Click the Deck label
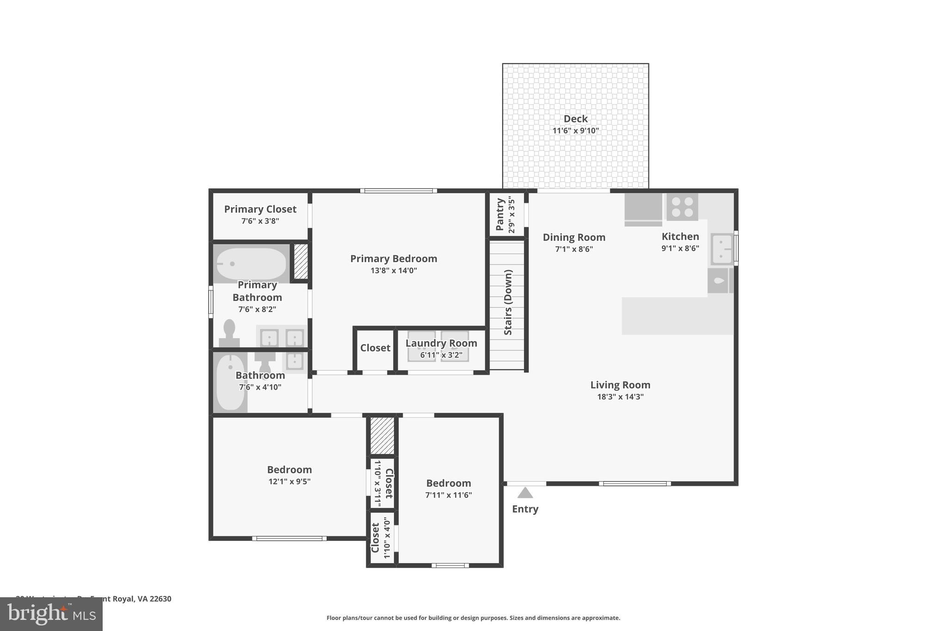575,119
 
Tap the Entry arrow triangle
525,493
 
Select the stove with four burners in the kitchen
682,207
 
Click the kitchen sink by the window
721,249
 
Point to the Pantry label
499,214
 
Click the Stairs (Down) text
508,302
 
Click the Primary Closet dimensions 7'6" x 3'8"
260,221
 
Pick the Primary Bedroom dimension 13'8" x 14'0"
394,270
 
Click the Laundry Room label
441,343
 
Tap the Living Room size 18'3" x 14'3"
620,397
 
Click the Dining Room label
574,238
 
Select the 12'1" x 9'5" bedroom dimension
289,481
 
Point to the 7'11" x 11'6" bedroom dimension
449,495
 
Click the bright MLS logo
51,614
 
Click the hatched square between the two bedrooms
382,436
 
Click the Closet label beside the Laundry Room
375,348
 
